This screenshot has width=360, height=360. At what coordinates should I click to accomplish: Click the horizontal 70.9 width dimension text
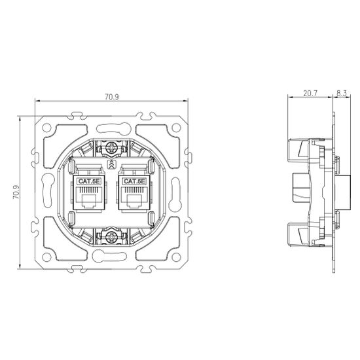click(x=111, y=97)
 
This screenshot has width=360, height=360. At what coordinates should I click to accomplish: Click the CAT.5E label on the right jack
click(x=134, y=181)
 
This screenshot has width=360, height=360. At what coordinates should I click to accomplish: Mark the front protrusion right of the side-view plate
click(x=342, y=193)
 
